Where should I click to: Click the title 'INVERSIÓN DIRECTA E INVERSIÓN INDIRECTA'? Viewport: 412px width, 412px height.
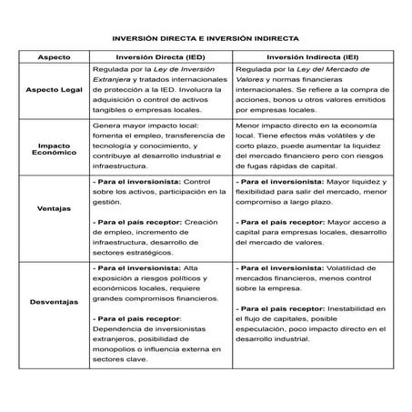[x=206, y=39]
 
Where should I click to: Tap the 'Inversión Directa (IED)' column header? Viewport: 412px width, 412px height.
[x=161, y=56]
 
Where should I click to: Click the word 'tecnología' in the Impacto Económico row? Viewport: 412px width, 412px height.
[x=115, y=146]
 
